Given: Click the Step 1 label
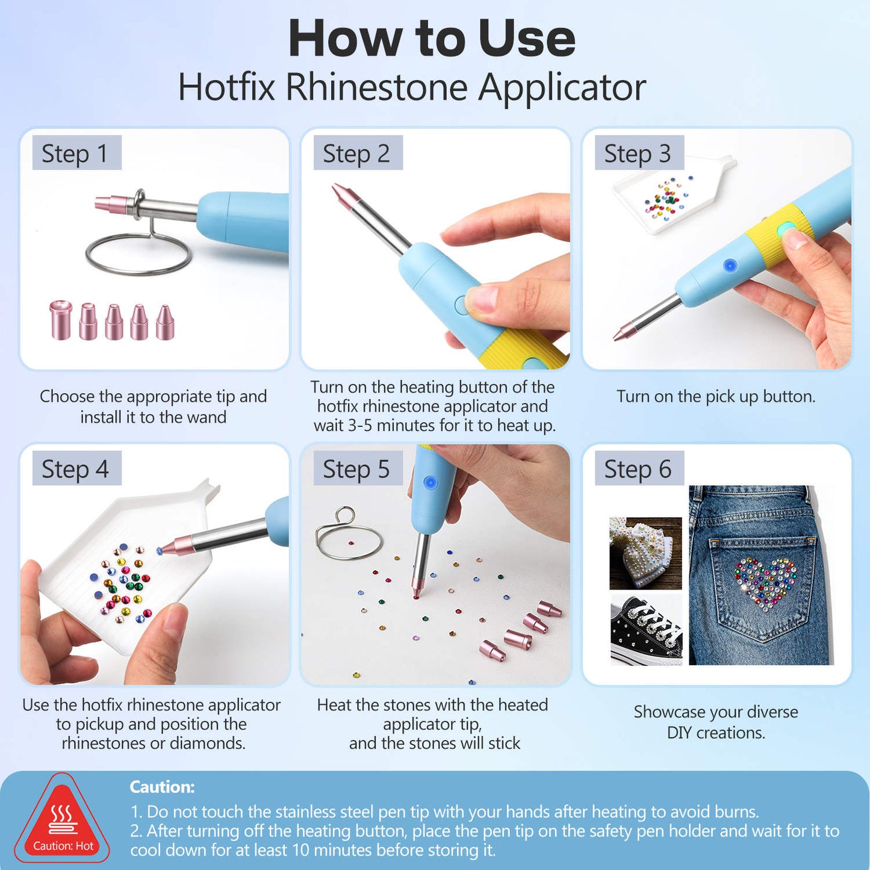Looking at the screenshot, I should [76, 153].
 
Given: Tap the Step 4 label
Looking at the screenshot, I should [76, 468].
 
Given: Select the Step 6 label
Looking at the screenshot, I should [639, 468].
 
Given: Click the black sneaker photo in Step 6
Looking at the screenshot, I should [646, 630].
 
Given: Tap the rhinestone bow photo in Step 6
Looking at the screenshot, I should [645, 553].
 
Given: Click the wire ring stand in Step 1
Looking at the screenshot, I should [139, 253].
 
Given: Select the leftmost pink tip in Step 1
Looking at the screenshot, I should [61, 320].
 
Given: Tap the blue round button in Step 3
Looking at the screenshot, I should [730, 266].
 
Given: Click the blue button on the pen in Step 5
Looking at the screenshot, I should [430, 482].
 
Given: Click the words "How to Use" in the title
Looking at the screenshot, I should [432, 38].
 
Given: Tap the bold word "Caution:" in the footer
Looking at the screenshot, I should [163, 787].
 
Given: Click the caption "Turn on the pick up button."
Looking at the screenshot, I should [716, 396].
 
